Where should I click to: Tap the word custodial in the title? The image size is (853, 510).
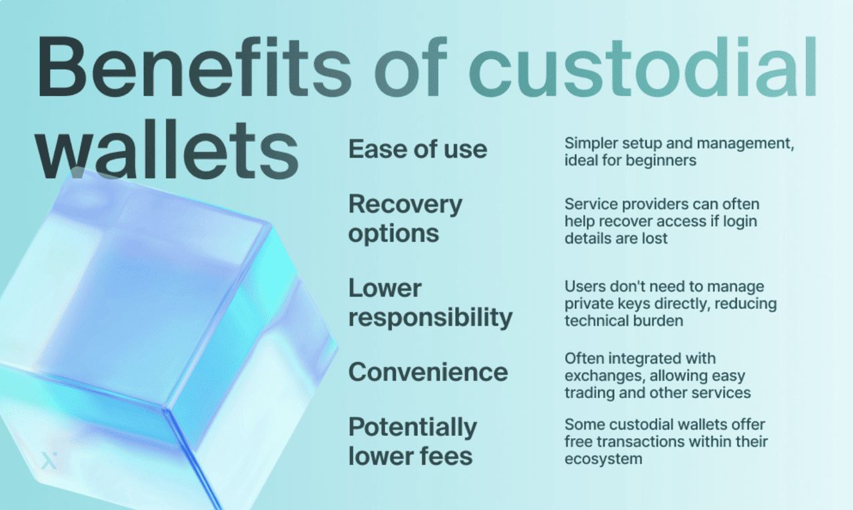(x=643, y=67)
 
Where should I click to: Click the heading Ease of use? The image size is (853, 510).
(x=418, y=149)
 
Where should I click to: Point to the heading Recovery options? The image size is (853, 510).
(x=405, y=218)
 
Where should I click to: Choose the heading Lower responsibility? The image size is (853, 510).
(x=430, y=302)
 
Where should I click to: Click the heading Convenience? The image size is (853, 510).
(x=428, y=372)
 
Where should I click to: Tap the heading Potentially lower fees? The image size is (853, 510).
(x=413, y=441)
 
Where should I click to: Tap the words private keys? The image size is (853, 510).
(x=608, y=304)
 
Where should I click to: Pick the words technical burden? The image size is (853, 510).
(x=624, y=321)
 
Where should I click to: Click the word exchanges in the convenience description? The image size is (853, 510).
(x=604, y=376)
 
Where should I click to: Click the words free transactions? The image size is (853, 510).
(x=625, y=442)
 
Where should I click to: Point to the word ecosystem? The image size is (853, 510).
(x=603, y=459)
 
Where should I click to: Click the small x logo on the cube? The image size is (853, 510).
(x=49, y=460)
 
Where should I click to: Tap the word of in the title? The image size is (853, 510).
(x=410, y=67)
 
